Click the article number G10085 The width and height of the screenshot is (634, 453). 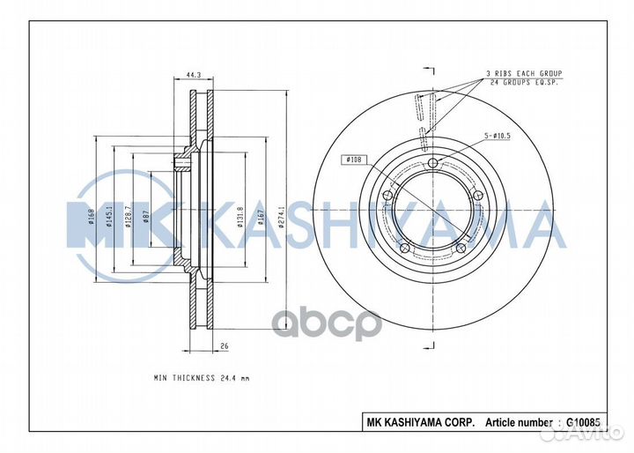[x=584, y=421]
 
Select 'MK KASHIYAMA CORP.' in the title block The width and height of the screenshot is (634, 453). [x=421, y=421]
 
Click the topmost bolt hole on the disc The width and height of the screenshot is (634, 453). [x=433, y=164]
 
